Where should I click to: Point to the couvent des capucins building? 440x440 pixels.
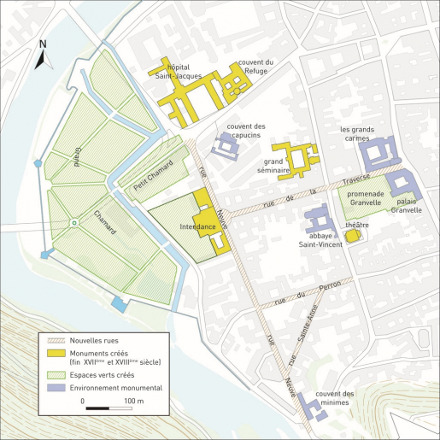tap(226, 145)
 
